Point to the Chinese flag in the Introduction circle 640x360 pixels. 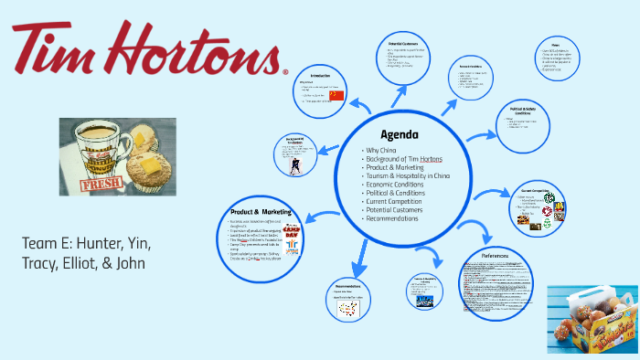click(336, 95)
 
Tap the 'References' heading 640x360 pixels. click(502, 255)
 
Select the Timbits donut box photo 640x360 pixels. click(592, 321)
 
